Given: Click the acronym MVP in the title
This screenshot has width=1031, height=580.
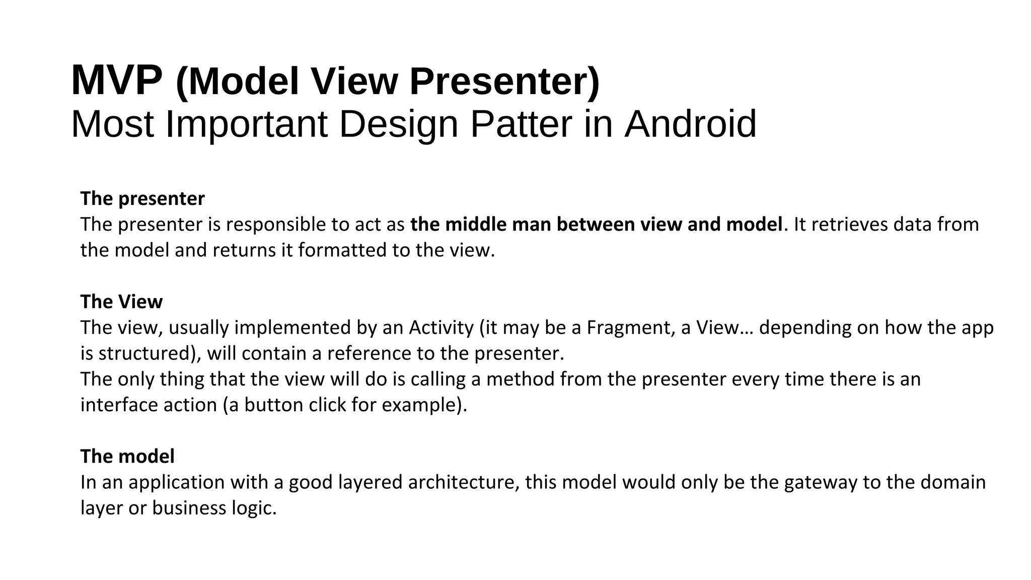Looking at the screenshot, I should [x=117, y=81].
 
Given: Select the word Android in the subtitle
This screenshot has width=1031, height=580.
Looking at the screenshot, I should [x=690, y=124].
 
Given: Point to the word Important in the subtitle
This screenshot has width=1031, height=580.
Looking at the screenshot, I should [x=247, y=124].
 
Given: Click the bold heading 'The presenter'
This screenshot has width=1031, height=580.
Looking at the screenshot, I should [x=142, y=199].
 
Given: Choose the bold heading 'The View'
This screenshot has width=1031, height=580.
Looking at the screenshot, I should [x=121, y=302].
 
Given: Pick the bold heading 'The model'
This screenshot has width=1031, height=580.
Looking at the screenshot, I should [x=127, y=456].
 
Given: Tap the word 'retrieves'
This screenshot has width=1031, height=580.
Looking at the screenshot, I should [x=850, y=225].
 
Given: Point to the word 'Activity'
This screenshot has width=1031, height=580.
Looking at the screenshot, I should [x=441, y=328].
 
